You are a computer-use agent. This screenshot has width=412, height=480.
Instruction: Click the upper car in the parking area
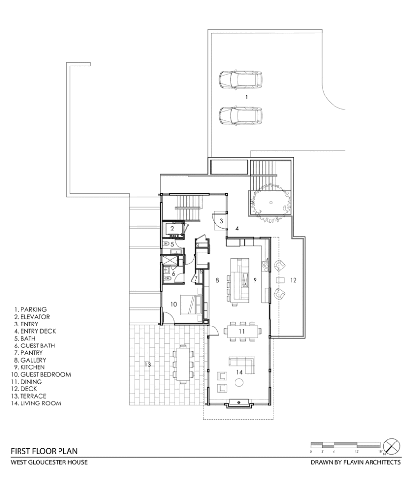point(241,80)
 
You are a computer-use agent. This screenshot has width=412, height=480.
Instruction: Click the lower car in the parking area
point(241,115)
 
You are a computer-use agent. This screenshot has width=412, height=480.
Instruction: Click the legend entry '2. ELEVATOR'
point(32,317)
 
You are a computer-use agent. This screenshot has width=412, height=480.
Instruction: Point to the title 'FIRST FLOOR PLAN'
point(44,451)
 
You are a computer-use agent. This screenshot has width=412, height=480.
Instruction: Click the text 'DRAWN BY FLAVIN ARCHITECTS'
point(355,462)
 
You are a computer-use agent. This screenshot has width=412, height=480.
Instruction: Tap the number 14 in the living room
point(239,372)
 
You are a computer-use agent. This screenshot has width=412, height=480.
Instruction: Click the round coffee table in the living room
point(239,382)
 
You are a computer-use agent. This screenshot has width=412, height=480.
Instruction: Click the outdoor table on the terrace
point(183,365)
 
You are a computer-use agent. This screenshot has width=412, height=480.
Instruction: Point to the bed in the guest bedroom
point(191,304)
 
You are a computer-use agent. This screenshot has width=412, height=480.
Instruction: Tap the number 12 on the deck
point(293,280)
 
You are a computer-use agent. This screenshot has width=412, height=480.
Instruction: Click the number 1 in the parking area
point(246,97)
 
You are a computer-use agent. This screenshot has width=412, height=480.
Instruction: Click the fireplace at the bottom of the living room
point(239,404)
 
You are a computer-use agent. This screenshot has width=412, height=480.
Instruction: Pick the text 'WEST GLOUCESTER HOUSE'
point(49,462)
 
